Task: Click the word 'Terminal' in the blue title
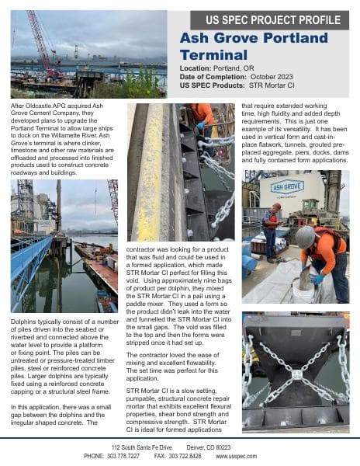pos(205,55)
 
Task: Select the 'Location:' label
pos(198,69)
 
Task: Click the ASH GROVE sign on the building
pos(286,186)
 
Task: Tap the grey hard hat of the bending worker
pos(306,235)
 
